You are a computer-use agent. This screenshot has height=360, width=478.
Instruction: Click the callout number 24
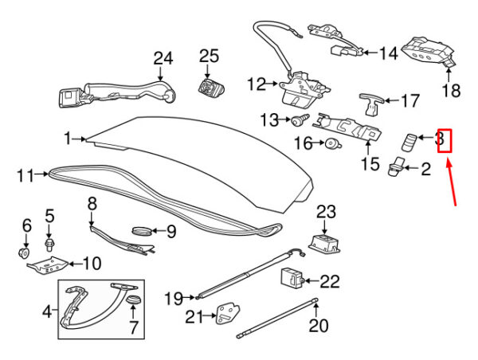[x=163, y=58]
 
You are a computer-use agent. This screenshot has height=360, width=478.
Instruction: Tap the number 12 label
[x=257, y=84]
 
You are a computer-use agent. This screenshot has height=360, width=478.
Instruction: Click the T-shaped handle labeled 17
[x=371, y=104]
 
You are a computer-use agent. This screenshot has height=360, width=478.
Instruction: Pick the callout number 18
[x=451, y=90]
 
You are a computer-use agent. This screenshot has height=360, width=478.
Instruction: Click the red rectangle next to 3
[x=445, y=140]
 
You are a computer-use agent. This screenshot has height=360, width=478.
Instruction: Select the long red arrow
[x=452, y=182]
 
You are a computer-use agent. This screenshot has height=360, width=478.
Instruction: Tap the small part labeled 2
[x=396, y=166]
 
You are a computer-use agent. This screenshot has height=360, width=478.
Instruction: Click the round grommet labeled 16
[x=333, y=143]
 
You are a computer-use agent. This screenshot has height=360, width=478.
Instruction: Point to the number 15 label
[x=370, y=163]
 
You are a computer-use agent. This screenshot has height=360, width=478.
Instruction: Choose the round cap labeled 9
[x=142, y=231]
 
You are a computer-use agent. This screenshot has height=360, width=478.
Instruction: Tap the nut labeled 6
[x=24, y=252]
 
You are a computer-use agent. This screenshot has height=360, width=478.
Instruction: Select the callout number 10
[x=92, y=264]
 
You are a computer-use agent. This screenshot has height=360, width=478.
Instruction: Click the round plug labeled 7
[x=133, y=299]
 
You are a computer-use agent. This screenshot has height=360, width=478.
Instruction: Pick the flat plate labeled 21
[x=227, y=315]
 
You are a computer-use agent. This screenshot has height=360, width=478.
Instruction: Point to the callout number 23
[x=326, y=212]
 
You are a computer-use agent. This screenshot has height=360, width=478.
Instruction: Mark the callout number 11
[x=25, y=176]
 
